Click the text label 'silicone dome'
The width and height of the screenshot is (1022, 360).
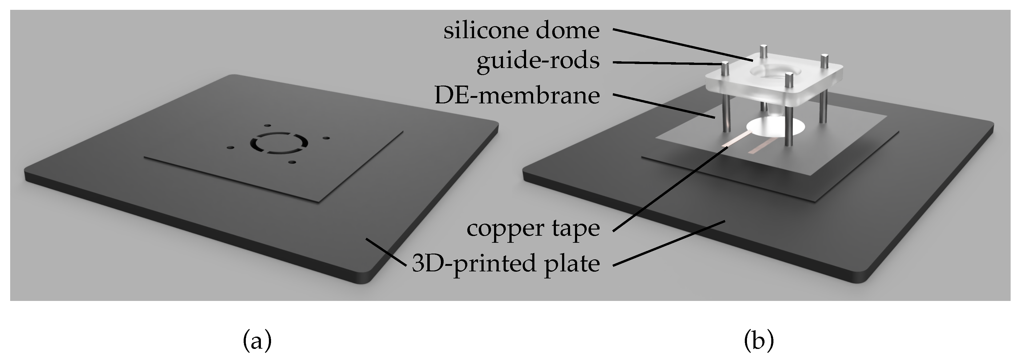pyautogui.click(x=521, y=31)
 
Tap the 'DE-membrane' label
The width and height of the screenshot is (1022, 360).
pyautogui.click(x=517, y=96)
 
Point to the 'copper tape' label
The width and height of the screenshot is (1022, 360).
pyautogui.click(x=533, y=228)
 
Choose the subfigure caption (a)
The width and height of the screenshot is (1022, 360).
pyautogui.click(x=257, y=341)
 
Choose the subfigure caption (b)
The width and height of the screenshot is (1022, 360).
pyautogui.click(x=759, y=341)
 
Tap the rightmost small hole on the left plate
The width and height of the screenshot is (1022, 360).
pyautogui.click(x=326, y=138)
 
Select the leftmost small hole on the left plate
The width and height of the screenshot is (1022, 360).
pyautogui.click(x=230, y=148)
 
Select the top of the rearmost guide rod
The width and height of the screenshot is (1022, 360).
pyautogui.click(x=762, y=48)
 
